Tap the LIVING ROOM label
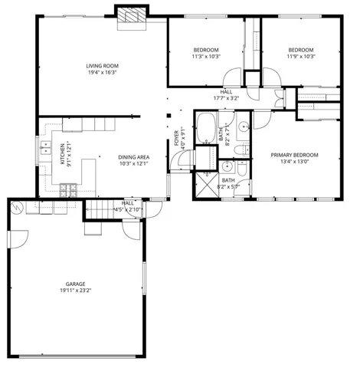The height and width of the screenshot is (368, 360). (x=102, y=67)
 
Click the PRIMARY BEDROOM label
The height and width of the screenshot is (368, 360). (x=295, y=155)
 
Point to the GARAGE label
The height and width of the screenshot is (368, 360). (x=74, y=284)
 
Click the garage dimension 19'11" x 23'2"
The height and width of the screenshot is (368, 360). (x=74, y=291)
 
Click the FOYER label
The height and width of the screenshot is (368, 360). (x=176, y=138)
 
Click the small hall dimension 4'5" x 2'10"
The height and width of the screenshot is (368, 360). (x=128, y=209)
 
